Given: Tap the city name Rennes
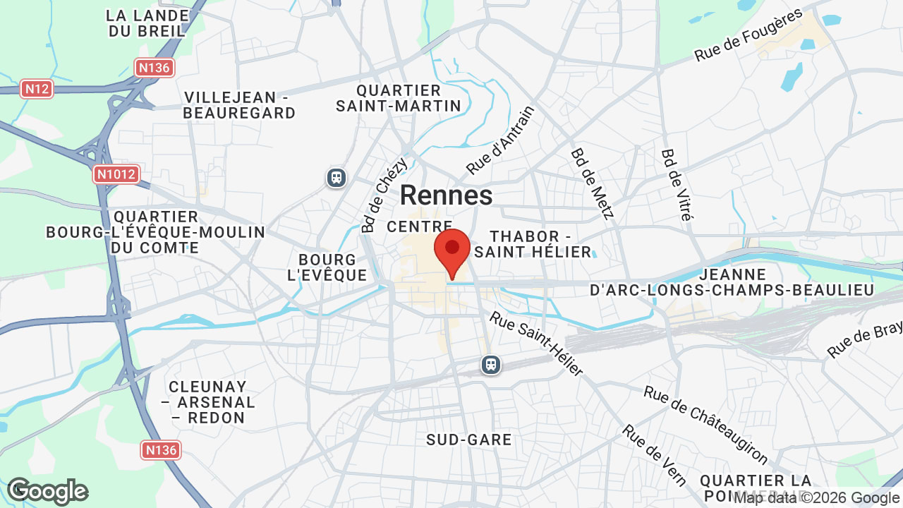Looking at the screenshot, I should pyautogui.click(x=447, y=195).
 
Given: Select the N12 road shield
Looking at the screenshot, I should pyautogui.click(x=37, y=89).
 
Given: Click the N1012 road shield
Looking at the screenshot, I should pyautogui.click(x=116, y=174).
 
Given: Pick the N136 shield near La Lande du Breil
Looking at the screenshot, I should pyautogui.click(x=154, y=68).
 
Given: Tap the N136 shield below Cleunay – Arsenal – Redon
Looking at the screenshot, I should pyautogui.click(x=161, y=449).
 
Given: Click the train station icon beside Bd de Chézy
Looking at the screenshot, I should pyautogui.click(x=337, y=177).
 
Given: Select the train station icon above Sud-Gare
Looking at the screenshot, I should pyautogui.click(x=491, y=365).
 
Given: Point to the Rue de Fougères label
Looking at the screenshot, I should pyautogui.click(x=749, y=35).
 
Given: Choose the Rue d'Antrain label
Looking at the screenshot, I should pyautogui.click(x=501, y=140).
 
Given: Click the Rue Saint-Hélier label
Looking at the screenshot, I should pyautogui.click(x=537, y=344).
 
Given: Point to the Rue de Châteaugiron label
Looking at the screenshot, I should pyautogui.click(x=705, y=425).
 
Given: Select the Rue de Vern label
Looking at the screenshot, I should pyautogui.click(x=654, y=456).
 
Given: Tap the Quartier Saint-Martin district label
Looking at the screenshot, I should pyautogui.click(x=399, y=98).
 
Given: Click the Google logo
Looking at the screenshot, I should pyautogui.click(x=47, y=491).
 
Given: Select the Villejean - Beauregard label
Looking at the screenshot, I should pyautogui.click(x=239, y=104).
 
